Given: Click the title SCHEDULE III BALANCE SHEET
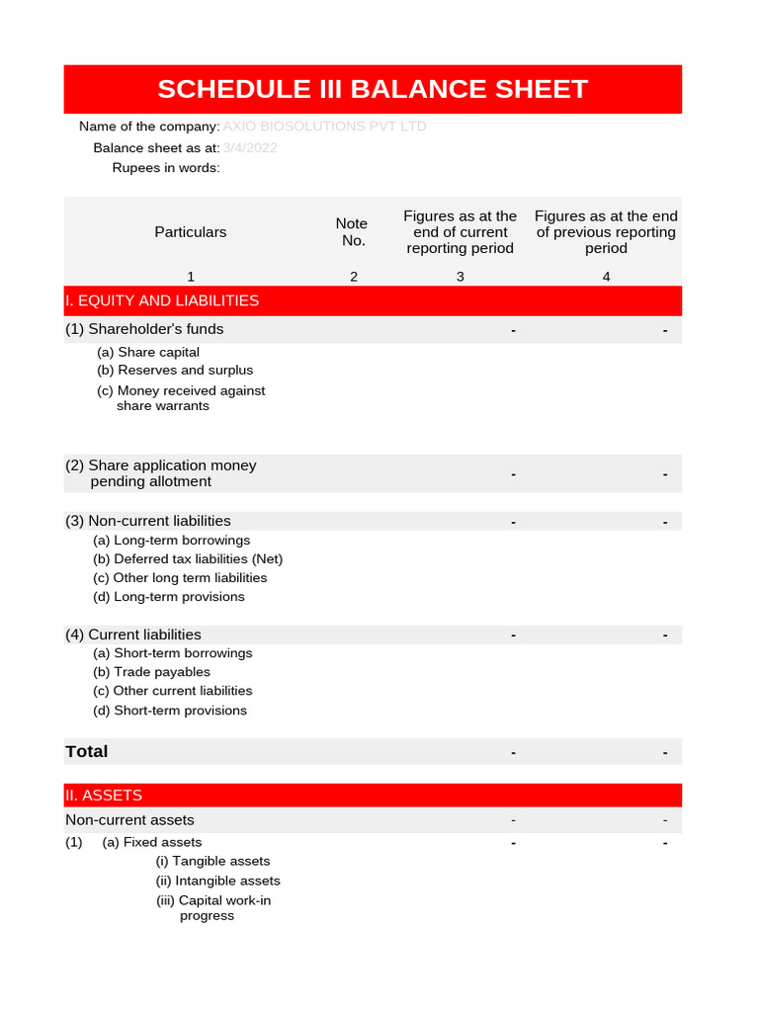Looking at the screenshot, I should (x=373, y=89).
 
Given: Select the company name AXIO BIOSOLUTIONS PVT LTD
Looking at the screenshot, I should (x=324, y=126).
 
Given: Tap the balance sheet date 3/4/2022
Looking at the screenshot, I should (x=250, y=148).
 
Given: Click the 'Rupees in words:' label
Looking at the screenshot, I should (x=166, y=168).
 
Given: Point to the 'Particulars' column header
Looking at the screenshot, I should (x=190, y=232).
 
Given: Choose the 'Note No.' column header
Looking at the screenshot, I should (x=353, y=232).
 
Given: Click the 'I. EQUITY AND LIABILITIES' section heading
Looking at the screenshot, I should (x=162, y=300).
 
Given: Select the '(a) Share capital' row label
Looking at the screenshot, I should (x=148, y=353).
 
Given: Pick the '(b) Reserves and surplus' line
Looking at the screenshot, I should (x=175, y=371).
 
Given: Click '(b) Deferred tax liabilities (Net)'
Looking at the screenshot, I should (x=188, y=559).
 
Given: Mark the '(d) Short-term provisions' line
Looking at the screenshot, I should (x=170, y=711).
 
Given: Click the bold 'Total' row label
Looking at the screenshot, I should (x=87, y=752).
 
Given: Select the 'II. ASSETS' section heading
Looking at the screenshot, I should (x=104, y=796).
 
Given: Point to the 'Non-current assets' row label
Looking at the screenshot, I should (x=129, y=820).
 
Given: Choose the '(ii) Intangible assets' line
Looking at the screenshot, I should (x=218, y=881).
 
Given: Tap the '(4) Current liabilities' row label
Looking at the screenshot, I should (x=133, y=634).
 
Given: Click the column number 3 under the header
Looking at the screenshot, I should (x=460, y=277).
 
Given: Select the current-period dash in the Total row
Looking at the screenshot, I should (x=514, y=753).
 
